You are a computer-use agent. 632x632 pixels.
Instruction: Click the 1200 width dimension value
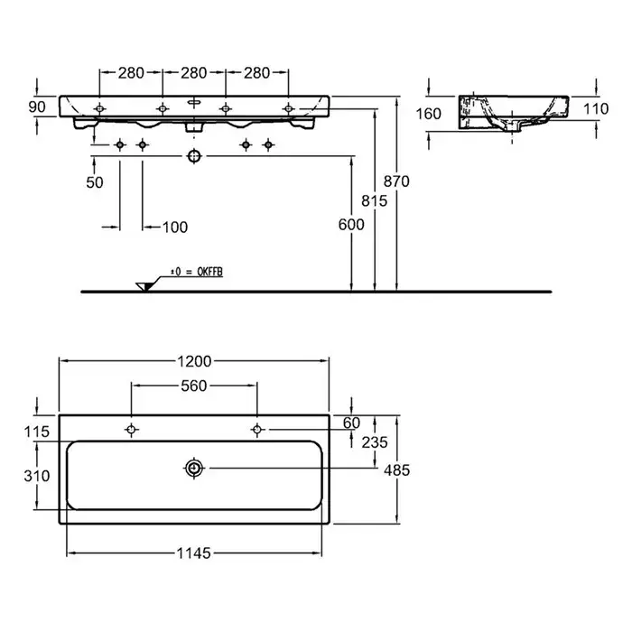click(x=194, y=361)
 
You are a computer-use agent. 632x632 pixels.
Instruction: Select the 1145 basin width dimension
click(x=193, y=553)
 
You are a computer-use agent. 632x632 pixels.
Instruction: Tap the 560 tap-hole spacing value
click(x=194, y=386)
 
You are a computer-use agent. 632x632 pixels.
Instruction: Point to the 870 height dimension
click(x=396, y=181)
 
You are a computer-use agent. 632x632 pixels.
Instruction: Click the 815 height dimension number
click(x=374, y=200)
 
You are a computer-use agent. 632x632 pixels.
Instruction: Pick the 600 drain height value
click(x=351, y=225)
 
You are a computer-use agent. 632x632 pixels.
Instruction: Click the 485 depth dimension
click(x=396, y=470)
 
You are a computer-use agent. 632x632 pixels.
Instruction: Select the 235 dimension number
click(x=375, y=442)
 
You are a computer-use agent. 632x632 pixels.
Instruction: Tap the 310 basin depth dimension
click(x=37, y=476)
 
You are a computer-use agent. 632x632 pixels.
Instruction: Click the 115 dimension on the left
click(x=37, y=432)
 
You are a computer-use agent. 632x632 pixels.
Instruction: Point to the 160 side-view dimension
click(x=429, y=114)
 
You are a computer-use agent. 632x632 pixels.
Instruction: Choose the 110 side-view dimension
click(x=596, y=108)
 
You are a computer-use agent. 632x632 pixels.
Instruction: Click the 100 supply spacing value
click(x=175, y=228)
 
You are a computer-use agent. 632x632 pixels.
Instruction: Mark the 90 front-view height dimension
click(x=37, y=107)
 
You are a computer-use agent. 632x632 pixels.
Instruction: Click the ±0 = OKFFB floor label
click(x=196, y=272)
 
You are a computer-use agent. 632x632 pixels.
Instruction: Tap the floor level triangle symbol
click(x=144, y=286)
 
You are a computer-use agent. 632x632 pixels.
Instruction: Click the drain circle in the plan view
click(x=194, y=468)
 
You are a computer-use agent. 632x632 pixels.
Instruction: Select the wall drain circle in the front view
click(x=194, y=156)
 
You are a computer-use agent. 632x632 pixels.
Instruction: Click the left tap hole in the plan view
click(x=131, y=430)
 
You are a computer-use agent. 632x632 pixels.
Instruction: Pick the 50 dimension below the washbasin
click(x=94, y=182)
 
